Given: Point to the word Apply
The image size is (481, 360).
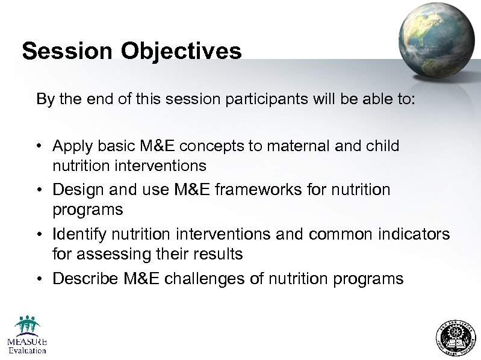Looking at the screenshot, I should pos(72,146).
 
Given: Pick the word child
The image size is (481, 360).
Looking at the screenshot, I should pos(383,146).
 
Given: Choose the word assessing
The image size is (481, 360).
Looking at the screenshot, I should pos(111,255).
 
